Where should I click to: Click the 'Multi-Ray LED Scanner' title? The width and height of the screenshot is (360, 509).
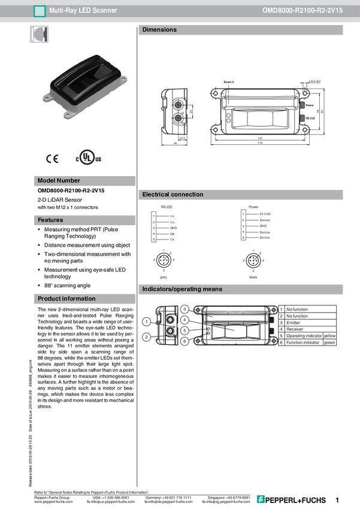(x=83, y=11)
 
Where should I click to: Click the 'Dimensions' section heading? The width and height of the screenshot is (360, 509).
(x=159, y=30)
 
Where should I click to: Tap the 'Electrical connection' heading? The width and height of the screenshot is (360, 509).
(x=173, y=195)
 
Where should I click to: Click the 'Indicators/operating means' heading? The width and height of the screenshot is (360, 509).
(x=182, y=289)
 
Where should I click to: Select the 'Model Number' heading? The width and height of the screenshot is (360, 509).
(x=59, y=181)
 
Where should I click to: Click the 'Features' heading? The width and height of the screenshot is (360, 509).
(x=50, y=220)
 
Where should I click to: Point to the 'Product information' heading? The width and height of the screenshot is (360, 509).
(x=66, y=299)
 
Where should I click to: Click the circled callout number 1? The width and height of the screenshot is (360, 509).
(x=147, y=322)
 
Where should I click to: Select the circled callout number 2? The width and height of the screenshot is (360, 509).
(x=147, y=337)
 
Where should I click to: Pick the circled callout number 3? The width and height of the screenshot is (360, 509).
(x=184, y=309)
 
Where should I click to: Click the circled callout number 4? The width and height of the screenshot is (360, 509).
(x=184, y=320)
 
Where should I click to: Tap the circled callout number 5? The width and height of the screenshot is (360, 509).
(x=184, y=331)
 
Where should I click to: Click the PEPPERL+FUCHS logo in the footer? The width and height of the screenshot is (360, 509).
(x=292, y=499)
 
